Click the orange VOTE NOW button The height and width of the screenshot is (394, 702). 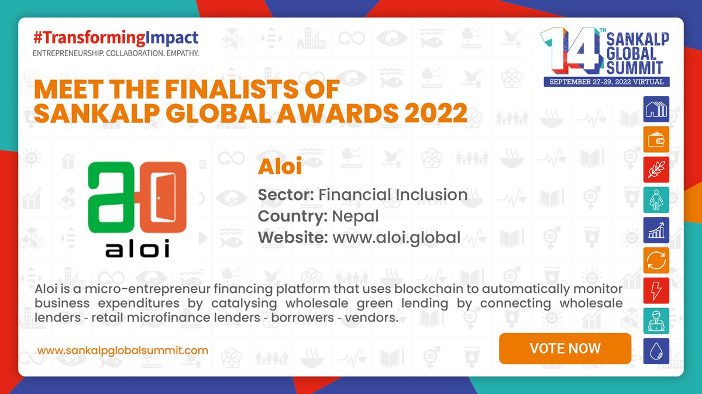click(x=565, y=348)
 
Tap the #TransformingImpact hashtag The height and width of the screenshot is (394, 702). click(x=116, y=38)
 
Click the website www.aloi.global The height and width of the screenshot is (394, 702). click(x=396, y=237)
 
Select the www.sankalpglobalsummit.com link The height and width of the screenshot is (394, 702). click(x=123, y=350)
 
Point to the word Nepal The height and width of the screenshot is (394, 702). click(x=355, y=216)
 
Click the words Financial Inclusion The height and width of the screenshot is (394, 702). click(x=393, y=194)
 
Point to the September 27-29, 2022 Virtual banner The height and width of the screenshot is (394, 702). click(x=606, y=82)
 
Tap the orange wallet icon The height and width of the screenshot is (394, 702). click(x=656, y=140)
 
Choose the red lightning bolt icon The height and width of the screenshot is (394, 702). click(x=656, y=291)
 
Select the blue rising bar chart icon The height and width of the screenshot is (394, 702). click(x=656, y=230)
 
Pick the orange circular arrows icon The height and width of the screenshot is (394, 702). click(x=656, y=261)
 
